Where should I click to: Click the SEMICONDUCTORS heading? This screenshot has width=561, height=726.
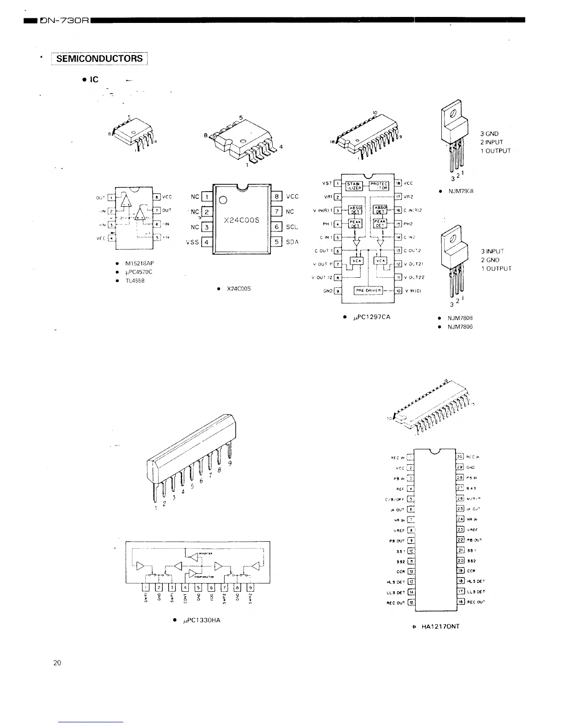pyautogui.click(x=99, y=59)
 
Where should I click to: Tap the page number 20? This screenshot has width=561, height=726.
pyautogui.click(x=57, y=663)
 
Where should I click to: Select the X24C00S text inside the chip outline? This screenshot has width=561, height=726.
pyautogui.click(x=242, y=220)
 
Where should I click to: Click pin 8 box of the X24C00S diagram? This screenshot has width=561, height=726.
pyautogui.click(x=277, y=196)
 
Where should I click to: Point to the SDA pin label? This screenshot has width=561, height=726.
pyautogui.click(x=292, y=242)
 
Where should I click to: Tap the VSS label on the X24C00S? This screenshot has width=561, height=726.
pyautogui.click(x=192, y=242)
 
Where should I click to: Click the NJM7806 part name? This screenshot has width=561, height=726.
pyautogui.click(x=460, y=327)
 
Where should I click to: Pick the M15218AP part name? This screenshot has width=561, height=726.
pyautogui.click(x=141, y=264)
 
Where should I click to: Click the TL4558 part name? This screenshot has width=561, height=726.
pyautogui.click(x=135, y=280)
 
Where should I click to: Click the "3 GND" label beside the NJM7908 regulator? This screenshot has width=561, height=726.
pyautogui.click(x=489, y=134)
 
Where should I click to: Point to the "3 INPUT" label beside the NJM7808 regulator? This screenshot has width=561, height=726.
pyautogui.click(x=492, y=252)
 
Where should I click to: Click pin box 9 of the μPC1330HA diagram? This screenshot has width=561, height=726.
pyautogui.click(x=250, y=588)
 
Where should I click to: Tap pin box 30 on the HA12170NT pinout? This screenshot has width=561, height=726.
pyautogui.click(x=460, y=456)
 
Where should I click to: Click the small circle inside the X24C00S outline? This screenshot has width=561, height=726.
pyautogui.click(x=224, y=199)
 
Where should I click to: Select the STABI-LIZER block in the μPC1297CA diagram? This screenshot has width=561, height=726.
pyautogui.click(x=354, y=185)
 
